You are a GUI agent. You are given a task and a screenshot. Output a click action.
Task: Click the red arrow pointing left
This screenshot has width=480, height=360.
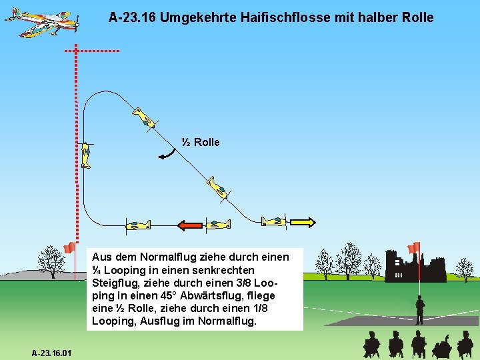(x=190, y=225)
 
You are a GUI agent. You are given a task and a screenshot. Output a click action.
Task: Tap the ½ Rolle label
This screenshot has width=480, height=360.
(x=200, y=142)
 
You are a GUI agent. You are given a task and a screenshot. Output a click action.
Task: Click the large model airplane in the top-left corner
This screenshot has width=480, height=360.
(x=41, y=22)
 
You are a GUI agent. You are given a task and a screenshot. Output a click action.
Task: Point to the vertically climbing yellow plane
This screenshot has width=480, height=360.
(x=86, y=155)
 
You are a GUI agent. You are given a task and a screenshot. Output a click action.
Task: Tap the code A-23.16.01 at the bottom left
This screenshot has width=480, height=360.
(x=52, y=351)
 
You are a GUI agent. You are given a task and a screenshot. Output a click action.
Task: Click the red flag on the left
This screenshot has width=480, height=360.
(x=69, y=248)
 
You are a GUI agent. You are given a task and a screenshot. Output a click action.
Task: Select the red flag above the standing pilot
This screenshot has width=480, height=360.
(x=414, y=247)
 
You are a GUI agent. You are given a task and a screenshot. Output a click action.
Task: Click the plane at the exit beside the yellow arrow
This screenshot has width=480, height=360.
(x=274, y=221)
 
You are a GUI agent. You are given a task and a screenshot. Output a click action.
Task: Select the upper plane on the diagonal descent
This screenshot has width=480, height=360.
(x=143, y=117)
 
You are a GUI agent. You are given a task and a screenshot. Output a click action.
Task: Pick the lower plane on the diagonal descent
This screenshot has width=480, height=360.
(x=218, y=187)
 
